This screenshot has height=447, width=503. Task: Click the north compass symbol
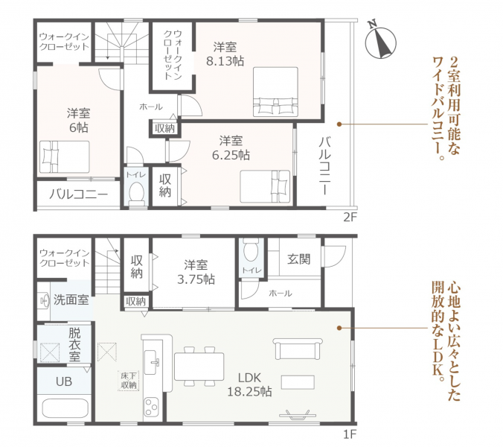[x=380, y=41]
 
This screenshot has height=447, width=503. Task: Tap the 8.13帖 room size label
[x=225, y=60]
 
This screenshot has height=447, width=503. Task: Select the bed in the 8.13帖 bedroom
[x=275, y=92]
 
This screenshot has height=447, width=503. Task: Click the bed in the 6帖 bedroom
[x=65, y=157]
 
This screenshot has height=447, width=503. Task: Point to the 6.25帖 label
[x=231, y=155]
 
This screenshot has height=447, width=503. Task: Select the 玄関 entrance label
[x=299, y=259]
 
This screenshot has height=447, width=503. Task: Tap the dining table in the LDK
[x=199, y=367]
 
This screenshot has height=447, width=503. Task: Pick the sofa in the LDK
[x=298, y=349]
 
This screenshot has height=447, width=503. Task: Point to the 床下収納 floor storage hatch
[x=129, y=380]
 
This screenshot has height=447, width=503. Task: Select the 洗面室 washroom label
[x=71, y=299]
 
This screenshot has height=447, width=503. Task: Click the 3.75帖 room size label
[x=196, y=279]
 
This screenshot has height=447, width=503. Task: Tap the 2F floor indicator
[x=350, y=218]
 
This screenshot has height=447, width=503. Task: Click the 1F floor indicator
[x=350, y=434]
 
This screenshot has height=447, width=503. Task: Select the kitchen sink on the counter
[x=152, y=362]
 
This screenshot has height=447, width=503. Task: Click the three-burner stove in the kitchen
[x=151, y=407]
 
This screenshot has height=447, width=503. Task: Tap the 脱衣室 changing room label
[x=74, y=344]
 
